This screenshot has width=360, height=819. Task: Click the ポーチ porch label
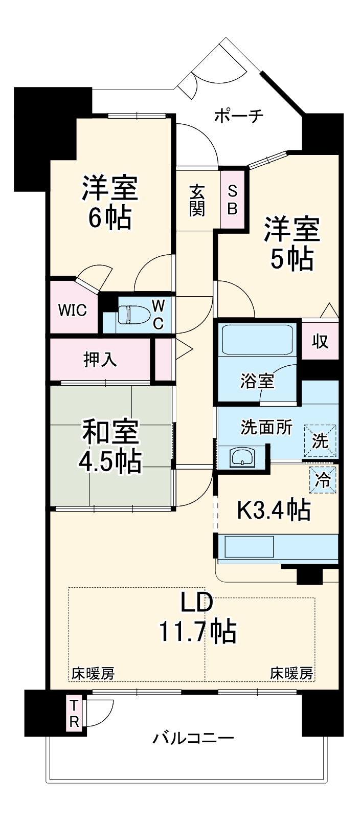click(238, 116)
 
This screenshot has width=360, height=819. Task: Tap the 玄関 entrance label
click(197, 200)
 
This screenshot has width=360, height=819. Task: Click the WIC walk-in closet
click(72, 310)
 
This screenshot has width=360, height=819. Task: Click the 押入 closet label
click(100, 360)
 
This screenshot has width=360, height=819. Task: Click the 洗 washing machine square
click(321, 440)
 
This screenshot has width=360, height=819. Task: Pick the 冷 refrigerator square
click(322, 480)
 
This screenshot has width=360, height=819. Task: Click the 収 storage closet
click(320, 341)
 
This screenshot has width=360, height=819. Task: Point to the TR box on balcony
click(75, 714)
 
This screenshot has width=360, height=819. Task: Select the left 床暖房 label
click(93, 673)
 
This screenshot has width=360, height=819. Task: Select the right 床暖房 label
click(291, 673)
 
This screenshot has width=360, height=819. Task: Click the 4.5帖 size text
click(109, 461)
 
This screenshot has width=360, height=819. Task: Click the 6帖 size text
click(110, 218)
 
